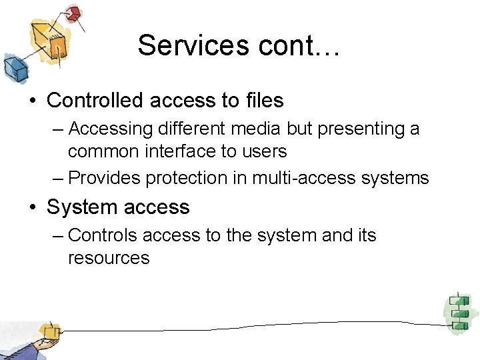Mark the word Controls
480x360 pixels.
(x=102, y=235)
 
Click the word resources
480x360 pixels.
(x=109, y=258)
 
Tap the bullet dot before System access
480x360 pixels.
(x=32, y=208)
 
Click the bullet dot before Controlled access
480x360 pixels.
(x=32, y=101)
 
